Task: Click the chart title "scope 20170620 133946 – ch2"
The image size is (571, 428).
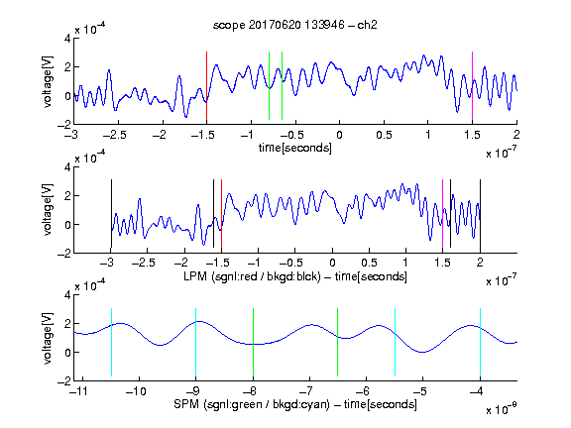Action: point(295,25)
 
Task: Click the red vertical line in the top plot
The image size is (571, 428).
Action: point(206,86)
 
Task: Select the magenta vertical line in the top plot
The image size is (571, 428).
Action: point(472,86)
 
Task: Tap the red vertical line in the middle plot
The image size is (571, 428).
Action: point(221,214)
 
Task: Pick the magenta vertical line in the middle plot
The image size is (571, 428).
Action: point(442,214)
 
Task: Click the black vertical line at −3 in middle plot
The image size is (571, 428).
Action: point(111,214)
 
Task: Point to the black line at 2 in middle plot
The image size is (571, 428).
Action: point(480,214)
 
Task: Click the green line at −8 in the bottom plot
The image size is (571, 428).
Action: point(253,342)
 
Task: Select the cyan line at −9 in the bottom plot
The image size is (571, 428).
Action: point(196,342)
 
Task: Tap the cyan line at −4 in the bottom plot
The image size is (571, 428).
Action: point(480,342)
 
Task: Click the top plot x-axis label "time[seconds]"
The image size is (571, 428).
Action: point(295,148)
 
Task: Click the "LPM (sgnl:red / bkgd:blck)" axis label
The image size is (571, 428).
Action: point(252,276)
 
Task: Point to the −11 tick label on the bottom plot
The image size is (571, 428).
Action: point(79,391)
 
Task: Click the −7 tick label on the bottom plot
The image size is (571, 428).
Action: point(309,391)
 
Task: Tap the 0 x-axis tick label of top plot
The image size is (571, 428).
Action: point(339,135)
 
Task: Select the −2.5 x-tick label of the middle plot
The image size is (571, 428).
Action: point(144,263)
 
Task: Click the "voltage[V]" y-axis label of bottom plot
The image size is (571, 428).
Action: point(48,338)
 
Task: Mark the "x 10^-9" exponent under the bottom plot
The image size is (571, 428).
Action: point(502,409)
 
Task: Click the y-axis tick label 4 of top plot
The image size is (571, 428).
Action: point(67,39)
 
